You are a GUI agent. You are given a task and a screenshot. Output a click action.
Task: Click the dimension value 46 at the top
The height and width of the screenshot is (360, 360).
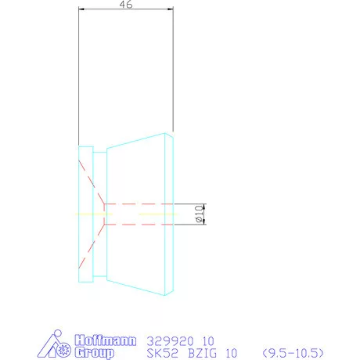pyautogui.click(x=124, y=5)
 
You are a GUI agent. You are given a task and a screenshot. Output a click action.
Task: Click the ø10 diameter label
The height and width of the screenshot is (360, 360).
pyautogui.click(x=199, y=212)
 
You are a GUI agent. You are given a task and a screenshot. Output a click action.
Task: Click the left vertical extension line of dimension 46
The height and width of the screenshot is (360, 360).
pyautogui.click(x=79, y=78)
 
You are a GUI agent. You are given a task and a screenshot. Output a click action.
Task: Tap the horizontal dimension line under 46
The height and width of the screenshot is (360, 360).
pyautogui.click(x=125, y=10)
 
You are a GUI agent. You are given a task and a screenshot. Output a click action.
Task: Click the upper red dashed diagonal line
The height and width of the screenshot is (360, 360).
pyautogui.click(x=90, y=182)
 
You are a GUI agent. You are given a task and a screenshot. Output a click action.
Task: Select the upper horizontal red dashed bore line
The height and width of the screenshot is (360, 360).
pyautogui.click(x=141, y=203)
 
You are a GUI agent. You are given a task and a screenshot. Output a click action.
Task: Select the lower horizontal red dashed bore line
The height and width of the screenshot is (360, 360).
pyautogui.click(x=141, y=225)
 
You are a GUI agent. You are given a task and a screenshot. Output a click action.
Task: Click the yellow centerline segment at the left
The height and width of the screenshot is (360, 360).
pyautogui.click(x=86, y=214)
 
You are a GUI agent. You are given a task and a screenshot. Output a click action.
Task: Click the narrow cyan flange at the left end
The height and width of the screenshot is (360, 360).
pyautogui.click(x=85, y=214)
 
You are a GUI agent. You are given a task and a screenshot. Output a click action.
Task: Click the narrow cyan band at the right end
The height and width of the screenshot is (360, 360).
pyautogui.click(x=168, y=214)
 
